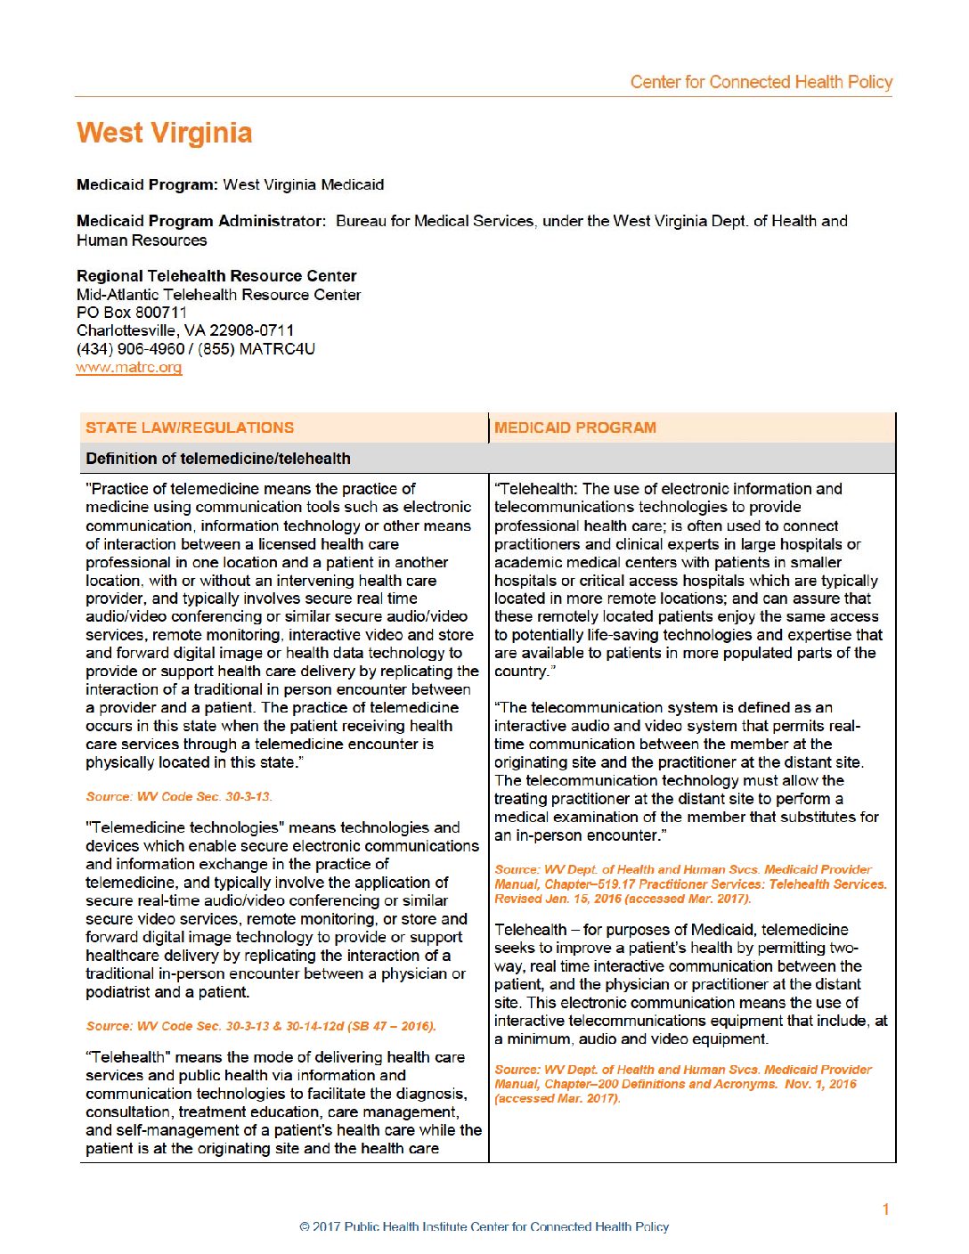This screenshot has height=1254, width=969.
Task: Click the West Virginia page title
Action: [x=165, y=134]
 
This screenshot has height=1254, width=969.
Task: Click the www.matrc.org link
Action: [x=129, y=367]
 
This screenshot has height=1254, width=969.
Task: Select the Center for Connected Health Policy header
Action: [x=761, y=82]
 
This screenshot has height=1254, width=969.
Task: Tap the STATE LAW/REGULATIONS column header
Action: [x=190, y=427]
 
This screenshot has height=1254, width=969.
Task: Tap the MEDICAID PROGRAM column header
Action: [x=575, y=427]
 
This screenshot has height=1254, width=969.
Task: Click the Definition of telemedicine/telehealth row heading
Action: [x=218, y=459]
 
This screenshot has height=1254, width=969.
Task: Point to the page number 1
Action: [x=885, y=1209]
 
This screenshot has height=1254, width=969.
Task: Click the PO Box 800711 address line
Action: [x=132, y=313]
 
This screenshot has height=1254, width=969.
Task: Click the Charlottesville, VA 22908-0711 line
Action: [x=185, y=330]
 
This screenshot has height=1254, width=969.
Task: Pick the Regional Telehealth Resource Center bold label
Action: [x=216, y=276]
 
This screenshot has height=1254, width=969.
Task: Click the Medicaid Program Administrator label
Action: [x=200, y=221]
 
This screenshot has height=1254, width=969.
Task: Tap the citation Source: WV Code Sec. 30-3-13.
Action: [x=179, y=796]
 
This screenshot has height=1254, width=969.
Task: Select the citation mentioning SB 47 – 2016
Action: [x=261, y=1026]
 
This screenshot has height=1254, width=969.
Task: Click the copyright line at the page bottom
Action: [x=484, y=1226]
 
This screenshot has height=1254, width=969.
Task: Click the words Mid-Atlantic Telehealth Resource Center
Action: [x=219, y=295]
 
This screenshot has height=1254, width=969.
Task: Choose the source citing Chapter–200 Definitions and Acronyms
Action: [x=683, y=1084]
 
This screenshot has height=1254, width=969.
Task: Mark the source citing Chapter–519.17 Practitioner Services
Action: [x=690, y=883]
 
